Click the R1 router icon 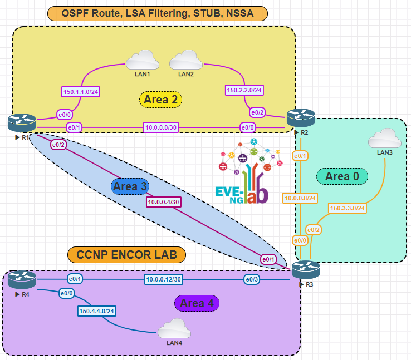22,122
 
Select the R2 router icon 301,117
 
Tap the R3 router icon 306,269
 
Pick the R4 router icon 22,279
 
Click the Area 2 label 160,100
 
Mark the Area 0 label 342,176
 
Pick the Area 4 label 197,303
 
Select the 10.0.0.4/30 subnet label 164,202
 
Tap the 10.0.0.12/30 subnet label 164,279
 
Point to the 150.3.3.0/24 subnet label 347,208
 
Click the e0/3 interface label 251,279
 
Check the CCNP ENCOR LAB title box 126,255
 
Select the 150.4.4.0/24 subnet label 97,311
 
